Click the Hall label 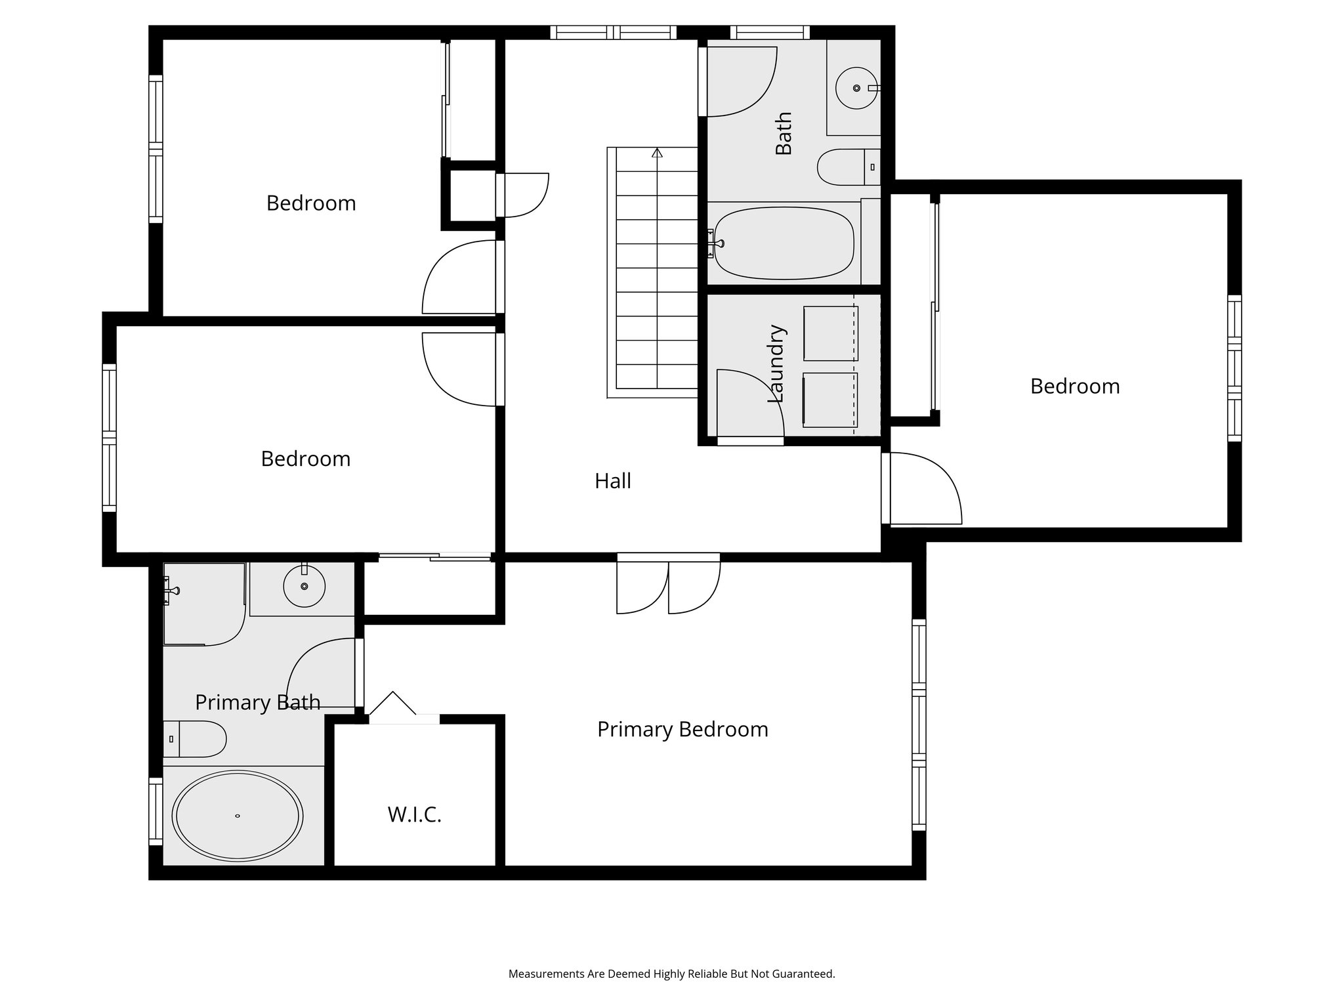pyautogui.click(x=612, y=481)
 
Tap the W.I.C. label pyautogui.click(x=414, y=815)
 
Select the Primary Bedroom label pyautogui.click(x=682, y=730)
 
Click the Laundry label pyautogui.click(x=776, y=364)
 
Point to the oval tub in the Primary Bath pyautogui.click(x=237, y=816)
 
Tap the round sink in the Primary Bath pyautogui.click(x=304, y=585)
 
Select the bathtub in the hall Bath pyautogui.click(x=784, y=243)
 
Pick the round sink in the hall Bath pyautogui.click(x=856, y=87)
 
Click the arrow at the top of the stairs pyautogui.click(x=657, y=153)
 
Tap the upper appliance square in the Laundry pyautogui.click(x=830, y=333)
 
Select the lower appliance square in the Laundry pyautogui.click(x=830, y=400)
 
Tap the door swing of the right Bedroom pyautogui.click(x=923, y=489)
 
